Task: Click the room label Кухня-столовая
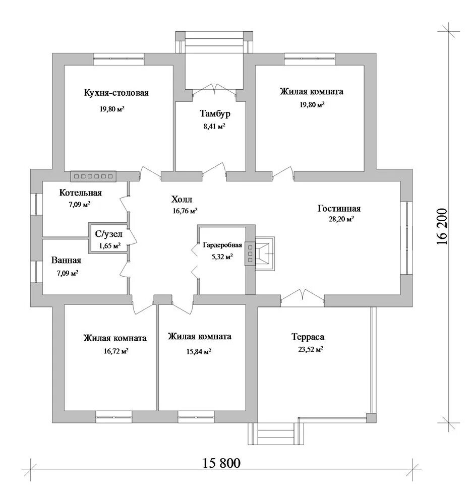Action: click(116, 93)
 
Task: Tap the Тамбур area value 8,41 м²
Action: click(214, 127)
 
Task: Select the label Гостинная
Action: click(339, 208)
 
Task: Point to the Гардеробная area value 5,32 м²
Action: click(221, 257)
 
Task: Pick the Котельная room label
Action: click(81, 193)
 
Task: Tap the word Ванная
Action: click(66, 261)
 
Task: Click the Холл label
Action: click(182, 200)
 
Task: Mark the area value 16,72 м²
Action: click(116, 351)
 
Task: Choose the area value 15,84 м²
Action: click(199, 351)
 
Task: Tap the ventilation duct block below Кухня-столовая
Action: click(94, 176)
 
